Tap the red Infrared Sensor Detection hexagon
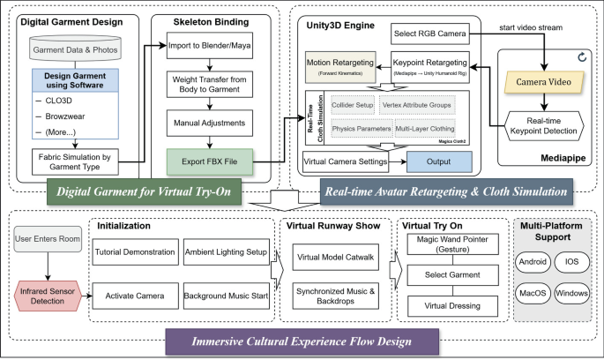(x=43, y=294)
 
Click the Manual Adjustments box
(x=210, y=124)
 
